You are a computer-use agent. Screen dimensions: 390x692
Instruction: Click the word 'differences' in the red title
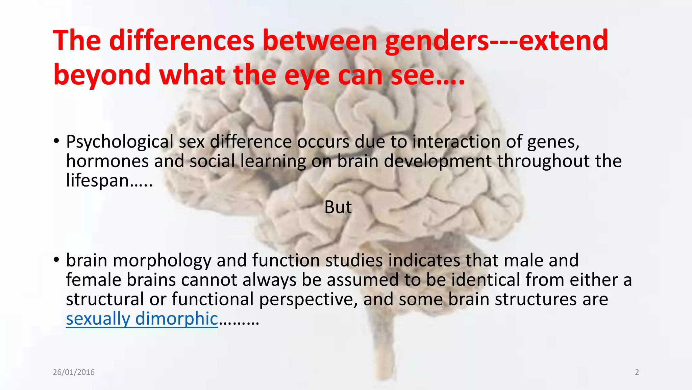click(181, 41)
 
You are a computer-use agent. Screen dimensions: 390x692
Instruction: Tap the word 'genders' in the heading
click(436, 41)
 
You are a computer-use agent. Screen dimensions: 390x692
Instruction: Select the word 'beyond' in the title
click(102, 75)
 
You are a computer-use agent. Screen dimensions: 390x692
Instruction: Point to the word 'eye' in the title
click(306, 76)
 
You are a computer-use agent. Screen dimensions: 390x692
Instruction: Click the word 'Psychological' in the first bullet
click(120, 142)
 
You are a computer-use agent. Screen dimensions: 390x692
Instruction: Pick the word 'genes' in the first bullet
click(552, 142)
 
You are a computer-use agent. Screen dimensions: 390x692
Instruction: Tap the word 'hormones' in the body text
click(107, 161)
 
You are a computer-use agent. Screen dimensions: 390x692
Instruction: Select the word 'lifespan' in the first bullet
click(97, 180)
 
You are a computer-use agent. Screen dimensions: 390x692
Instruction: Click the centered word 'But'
click(338, 207)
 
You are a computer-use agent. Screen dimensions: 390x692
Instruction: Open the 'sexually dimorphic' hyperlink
click(142, 319)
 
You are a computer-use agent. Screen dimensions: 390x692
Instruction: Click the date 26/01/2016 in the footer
click(74, 372)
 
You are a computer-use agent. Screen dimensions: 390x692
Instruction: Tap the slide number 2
click(637, 372)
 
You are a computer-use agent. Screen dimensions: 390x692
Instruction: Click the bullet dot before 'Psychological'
click(56, 140)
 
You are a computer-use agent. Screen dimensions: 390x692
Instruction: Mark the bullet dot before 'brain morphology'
click(56, 260)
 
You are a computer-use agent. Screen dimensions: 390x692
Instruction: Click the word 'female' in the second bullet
click(93, 280)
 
